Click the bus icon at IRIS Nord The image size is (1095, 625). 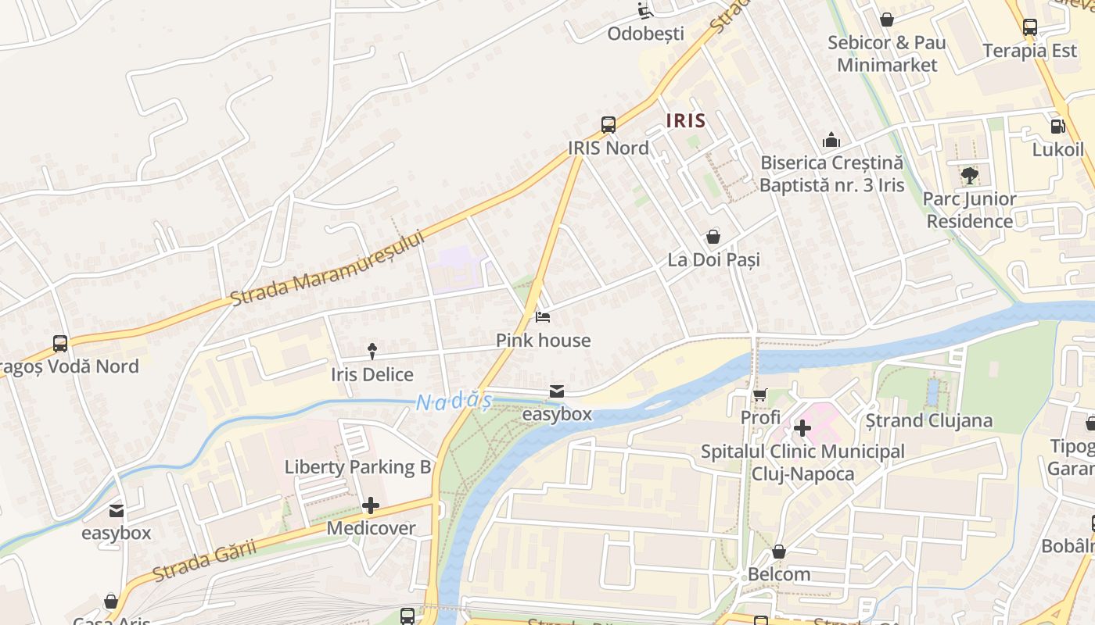608,124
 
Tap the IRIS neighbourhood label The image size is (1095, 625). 686,121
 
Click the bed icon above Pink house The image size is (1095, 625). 543,317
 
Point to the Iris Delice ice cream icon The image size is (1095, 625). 372,352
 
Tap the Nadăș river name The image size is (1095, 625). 454,402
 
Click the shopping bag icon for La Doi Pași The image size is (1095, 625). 713,236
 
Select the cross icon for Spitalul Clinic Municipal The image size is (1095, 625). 802,428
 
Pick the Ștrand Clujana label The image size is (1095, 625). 928,420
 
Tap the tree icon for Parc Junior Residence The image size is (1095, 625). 969,176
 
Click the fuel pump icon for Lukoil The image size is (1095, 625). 1057,126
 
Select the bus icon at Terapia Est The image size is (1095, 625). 1030,27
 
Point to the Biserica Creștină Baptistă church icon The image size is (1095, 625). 831,140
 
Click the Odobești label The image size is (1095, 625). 645,34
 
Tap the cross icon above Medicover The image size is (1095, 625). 371,505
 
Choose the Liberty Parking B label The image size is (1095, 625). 357,467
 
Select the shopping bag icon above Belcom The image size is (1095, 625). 779,552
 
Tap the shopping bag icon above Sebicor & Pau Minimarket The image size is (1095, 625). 886,20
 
